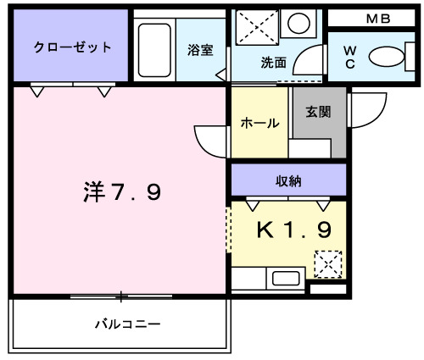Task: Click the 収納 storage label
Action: [x=287, y=180]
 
